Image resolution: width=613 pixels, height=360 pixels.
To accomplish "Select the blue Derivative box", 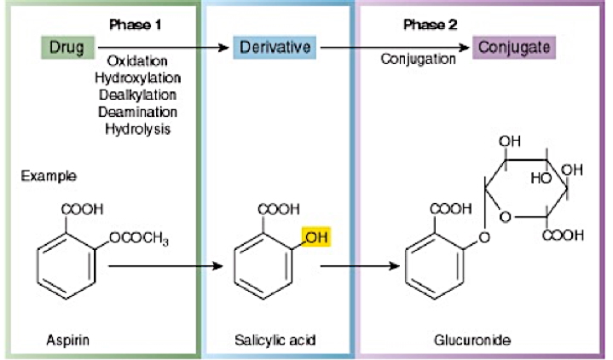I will (x=275, y=48).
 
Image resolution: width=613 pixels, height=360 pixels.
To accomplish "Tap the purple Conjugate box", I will (x=514, y=47).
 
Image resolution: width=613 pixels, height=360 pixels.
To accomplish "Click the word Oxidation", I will (x=136, y=61).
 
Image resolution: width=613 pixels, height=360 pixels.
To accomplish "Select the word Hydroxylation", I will (x=136, y=78).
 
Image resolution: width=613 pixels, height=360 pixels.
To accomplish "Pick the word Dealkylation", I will (x=136, y=95).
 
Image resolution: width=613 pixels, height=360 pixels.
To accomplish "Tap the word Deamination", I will (x=136, y=112).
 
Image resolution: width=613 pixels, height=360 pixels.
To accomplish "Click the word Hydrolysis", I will (x=136, y=129).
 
